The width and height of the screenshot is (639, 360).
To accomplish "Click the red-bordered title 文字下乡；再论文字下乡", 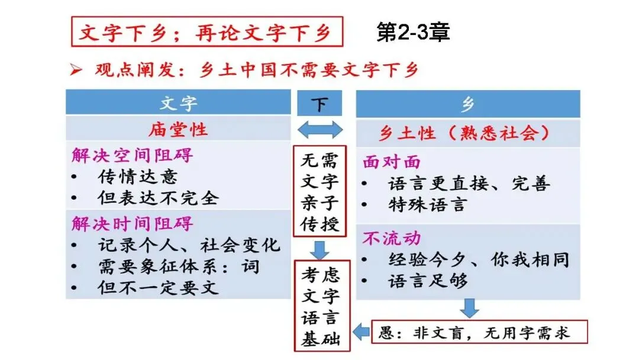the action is tap(206, 31).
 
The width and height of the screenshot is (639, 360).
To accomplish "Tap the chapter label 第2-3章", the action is tap(414, 32).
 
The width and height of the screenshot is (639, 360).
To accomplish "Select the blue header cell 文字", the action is tap(178, 103).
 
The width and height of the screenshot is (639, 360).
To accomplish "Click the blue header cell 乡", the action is tap(467, 104).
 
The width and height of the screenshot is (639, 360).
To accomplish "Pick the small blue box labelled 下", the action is tap(319, 104).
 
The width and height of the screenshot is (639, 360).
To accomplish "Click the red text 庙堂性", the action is tap(178, 128).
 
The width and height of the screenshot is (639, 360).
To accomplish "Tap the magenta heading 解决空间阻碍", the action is tap(133, 155).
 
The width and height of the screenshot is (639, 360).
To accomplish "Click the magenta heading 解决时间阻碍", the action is tap(133, 223).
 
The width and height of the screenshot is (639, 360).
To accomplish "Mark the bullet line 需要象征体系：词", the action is tap(178, 266).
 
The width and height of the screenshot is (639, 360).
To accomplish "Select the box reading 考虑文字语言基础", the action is tap(319, 304).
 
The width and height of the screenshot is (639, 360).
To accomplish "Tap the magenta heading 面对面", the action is tap(392, 162).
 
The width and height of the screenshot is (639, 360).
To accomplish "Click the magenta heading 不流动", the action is tap(392, 238).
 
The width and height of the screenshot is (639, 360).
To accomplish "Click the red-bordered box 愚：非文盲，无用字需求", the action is tap(480, 332).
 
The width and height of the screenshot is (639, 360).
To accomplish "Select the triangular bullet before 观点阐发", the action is tap(76, 70).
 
